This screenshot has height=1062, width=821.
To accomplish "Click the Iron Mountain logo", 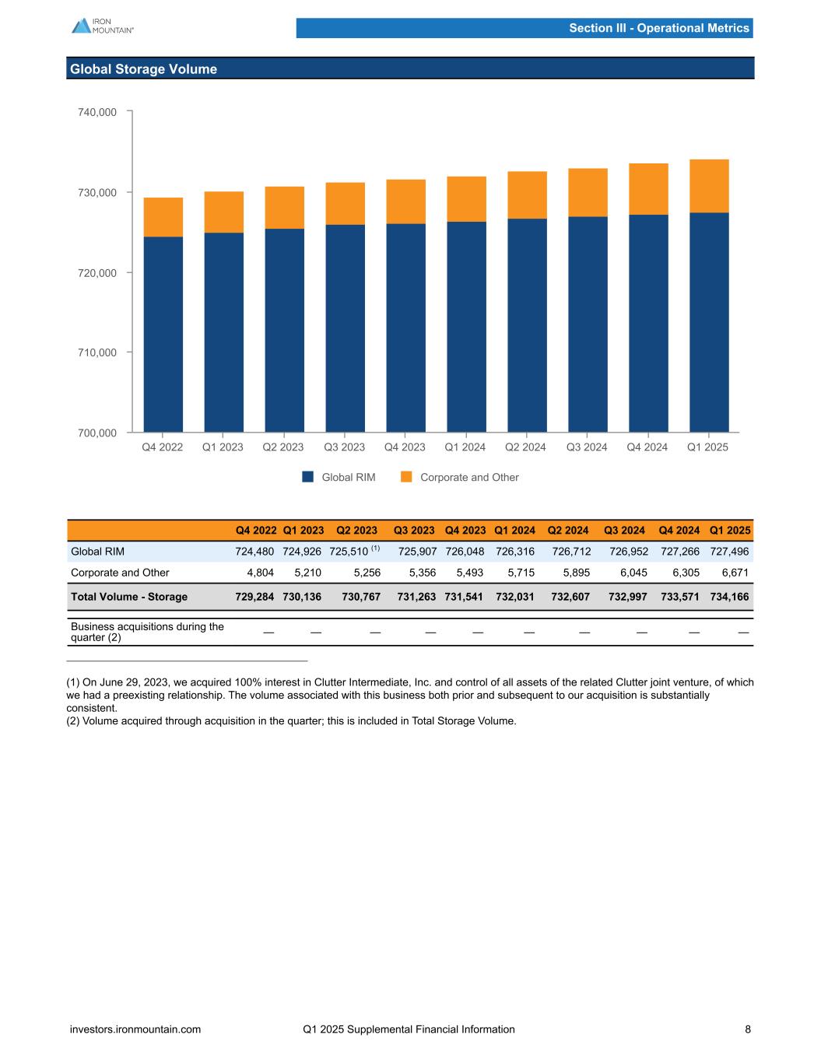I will click(x=102, y=26).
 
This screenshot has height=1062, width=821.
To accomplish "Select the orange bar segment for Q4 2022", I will click(x=163, y=217).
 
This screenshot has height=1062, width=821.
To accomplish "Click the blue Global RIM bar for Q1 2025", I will click(x=709, y=322).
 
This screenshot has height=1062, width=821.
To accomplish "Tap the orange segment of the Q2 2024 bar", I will click(x=527, y=195).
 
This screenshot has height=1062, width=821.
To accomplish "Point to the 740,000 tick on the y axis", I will click(x=97, y=112).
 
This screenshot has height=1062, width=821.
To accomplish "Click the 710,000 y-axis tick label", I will click(x=97, y=352).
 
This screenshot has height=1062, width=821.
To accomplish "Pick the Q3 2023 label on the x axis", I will click(x=344, y=447).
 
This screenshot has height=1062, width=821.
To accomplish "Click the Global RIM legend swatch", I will click(x=307, y=477).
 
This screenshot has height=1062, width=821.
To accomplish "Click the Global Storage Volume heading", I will click(x=143, y=69).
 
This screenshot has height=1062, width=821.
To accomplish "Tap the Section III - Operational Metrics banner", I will click(x=658, y=28).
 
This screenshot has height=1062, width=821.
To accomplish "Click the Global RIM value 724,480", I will click(x=254, y=552).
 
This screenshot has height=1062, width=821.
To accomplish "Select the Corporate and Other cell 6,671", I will click(x=735, y=573).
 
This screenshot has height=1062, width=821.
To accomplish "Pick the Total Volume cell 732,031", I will click(x=515, y=597).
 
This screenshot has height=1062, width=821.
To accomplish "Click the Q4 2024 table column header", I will click(x=679, y=531).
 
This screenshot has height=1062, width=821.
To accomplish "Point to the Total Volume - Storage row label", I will click(x=129, y=597).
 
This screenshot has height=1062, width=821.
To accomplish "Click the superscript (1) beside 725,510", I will click(x=375, y=549).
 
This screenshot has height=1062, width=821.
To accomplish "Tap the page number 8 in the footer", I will click(x=748, y=1029).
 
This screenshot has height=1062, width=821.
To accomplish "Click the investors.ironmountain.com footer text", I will click(x=135, y=1029).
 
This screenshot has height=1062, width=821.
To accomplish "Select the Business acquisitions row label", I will click(x=146, y=632).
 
